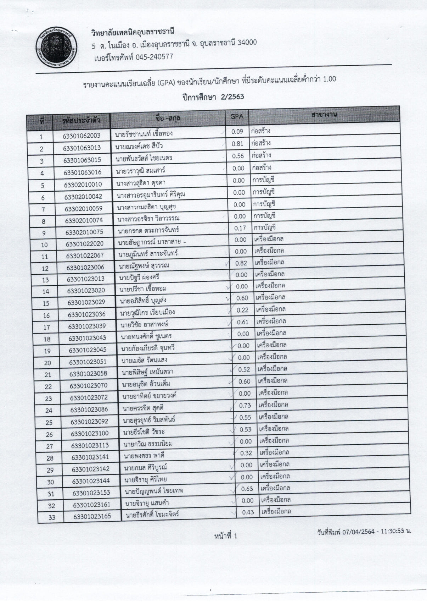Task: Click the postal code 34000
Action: (247, 43)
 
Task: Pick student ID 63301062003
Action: (82, 136)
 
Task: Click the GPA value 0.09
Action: (237, 132)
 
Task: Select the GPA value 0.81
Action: (237, 144)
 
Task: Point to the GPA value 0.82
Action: (241, 263)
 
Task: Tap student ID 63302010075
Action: (84, 232)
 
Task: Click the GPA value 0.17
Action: (240, 228)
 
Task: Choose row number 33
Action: (52, 517)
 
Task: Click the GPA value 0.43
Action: (248, 512)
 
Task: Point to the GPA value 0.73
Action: (245, 405)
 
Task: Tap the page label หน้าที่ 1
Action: (226, 536)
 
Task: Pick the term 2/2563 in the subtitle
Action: (232, 97)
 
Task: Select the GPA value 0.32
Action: (246, 453)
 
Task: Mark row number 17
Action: (47, 327)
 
